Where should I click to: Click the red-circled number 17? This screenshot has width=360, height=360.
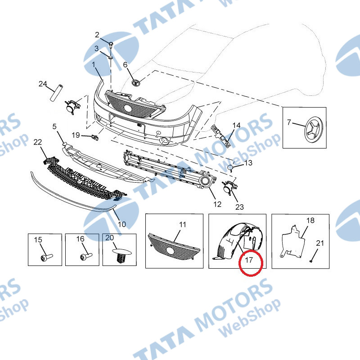pyautogui.click(x=249, y=260)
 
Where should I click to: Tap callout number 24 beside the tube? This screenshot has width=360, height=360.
pyautogui.click(x=43, y=84)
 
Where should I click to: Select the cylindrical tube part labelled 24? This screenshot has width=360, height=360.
pyautogui.click(x=57, y=93)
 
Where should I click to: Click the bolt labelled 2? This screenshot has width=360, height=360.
pyautogui.click(x=111, y=44)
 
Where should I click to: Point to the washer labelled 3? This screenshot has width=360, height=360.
pyautogui.click(x=110, y=57)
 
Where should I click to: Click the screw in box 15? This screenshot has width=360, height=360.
pyautogui.click(x=47, y=257)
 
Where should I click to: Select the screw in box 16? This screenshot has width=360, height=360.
pyautogui.click(x=86, y=256)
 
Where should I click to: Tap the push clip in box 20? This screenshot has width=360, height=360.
pyautogui.click(x=121, y=255)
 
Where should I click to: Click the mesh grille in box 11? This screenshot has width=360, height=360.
pyautogui.click(x=174, y=247)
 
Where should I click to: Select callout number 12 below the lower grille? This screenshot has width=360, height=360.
pyautogui.click(x=217, y=204)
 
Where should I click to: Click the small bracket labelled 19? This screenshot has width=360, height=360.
pyautogui.click(x=95, y=138)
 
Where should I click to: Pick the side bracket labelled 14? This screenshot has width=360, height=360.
pyautogui.click(x=221, y=136)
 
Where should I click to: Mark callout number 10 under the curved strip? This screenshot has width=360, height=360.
pyautogui.click(x=121, y=224)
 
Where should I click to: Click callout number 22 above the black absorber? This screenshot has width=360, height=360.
pyautogui.click(x=38, y=142)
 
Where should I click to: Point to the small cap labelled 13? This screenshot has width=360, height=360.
pyautogui.click(x=230, y=168)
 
